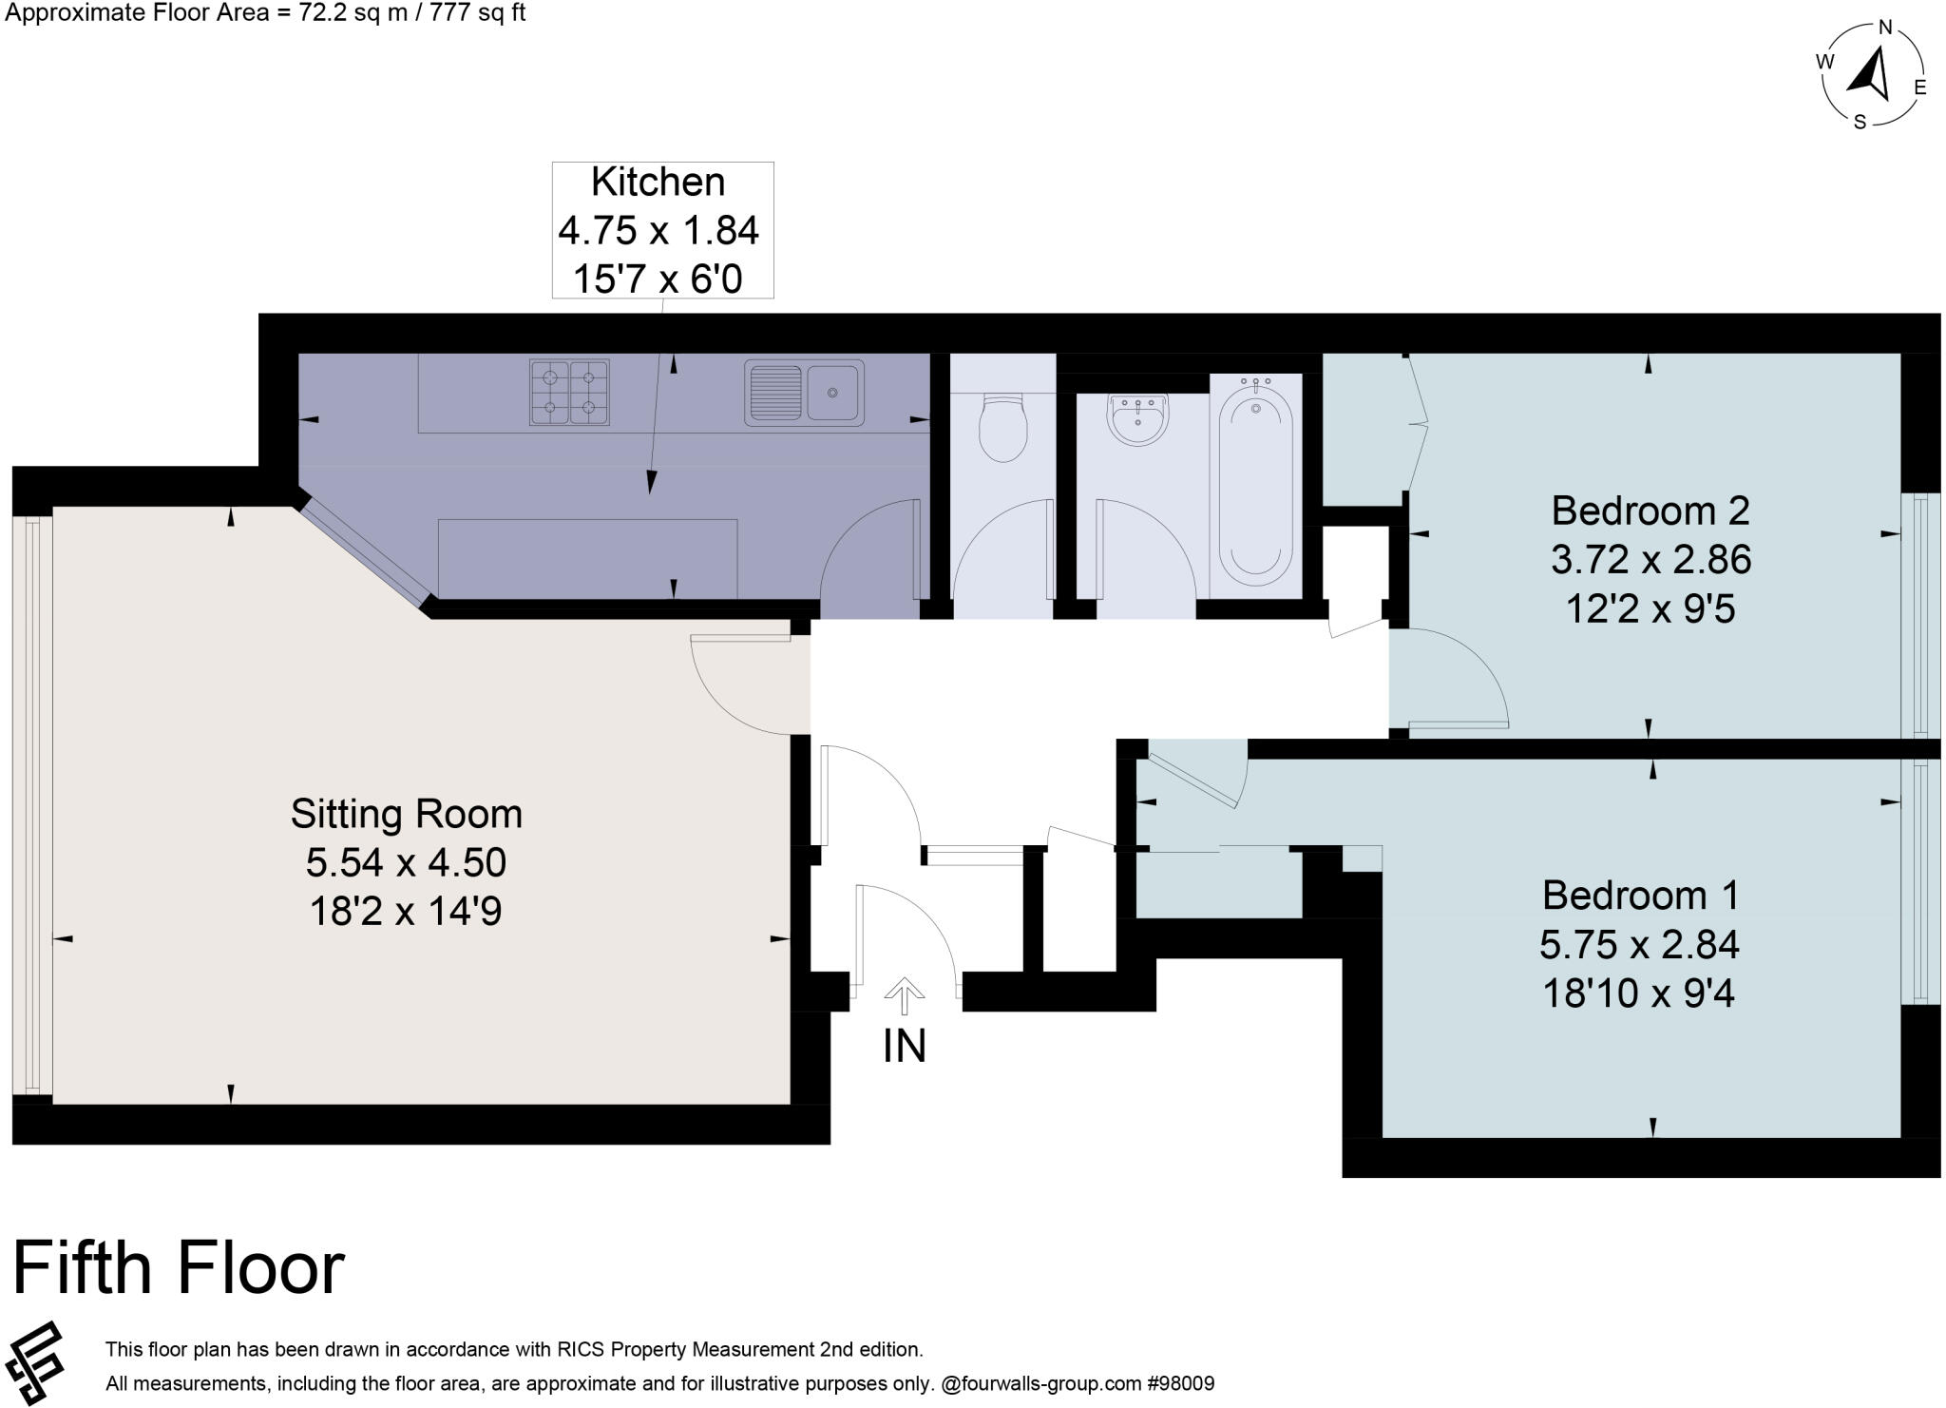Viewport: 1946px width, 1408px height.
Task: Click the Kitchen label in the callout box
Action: [658, 182]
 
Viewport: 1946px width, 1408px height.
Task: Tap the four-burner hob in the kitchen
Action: [569, 392]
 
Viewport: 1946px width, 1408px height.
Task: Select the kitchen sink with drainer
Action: [804, 391]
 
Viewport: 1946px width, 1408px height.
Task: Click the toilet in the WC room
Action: [1002, 429]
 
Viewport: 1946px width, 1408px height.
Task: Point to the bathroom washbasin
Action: [1137, 419]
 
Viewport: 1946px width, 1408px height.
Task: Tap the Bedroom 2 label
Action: [1650, 511]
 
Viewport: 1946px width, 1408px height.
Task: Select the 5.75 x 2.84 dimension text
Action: [1639, 944]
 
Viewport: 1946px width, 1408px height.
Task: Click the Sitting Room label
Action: [407, 814]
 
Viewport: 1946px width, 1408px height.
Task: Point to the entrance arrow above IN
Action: [904, 997]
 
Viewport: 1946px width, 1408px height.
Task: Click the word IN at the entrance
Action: [904, 1047]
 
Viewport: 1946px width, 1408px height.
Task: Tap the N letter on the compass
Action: [1885, 27]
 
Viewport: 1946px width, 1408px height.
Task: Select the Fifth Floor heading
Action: [179, 1268]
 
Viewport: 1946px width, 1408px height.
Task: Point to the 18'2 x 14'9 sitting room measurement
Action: [406, 912]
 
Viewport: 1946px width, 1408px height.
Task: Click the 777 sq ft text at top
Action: [473, 13]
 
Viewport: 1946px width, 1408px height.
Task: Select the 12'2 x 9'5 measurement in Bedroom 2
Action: [1650, 608]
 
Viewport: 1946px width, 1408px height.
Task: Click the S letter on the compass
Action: [1860, 121]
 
